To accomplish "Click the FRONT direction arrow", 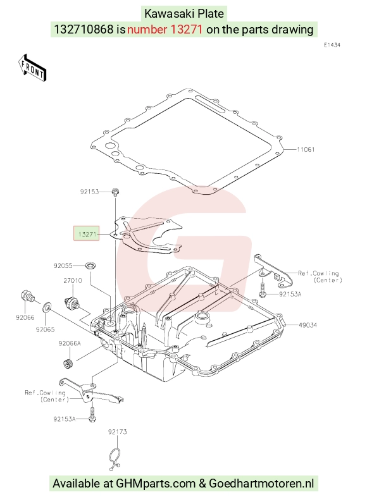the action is click(x=32, y=68).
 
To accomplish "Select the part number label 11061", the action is click(x=306, y=149).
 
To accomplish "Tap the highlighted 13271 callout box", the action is click(x=86, y=233).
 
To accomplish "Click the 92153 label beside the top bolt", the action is click(x=89, y=192).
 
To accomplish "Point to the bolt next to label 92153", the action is click(x=115, y=192).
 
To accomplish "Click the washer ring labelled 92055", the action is click(x=90, y=266).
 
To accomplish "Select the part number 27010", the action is click(x=73, y=280).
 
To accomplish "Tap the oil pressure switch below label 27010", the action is click(x=71, y=303).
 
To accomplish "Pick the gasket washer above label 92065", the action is click(x=46, y=306).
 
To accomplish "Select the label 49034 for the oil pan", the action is click(x=308, y=325).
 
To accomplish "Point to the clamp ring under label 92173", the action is click(x=114, y=459).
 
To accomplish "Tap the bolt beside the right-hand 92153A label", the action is click(x=263, y=290).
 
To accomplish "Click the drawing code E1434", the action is click(x=332, y=45).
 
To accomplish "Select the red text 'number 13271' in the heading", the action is click(x=165, y=30).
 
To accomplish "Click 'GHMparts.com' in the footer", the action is click(x=156, y=484).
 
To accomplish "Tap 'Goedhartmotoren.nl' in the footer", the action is click(x=261, y=484).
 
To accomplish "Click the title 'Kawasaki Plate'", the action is click(x=184, y=14).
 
